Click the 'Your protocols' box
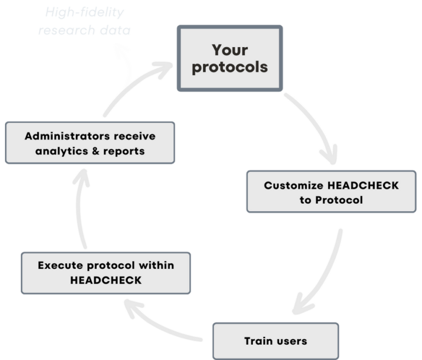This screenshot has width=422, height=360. pyautogui.click(x=230, y=58)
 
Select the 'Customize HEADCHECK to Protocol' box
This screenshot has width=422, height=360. pyautogui.click(x=331, y=192)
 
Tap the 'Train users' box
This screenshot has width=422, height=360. pyautogui.click(x=275, y=341)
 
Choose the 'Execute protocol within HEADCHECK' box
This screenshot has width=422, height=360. pyautogui.click(x=106, y=273)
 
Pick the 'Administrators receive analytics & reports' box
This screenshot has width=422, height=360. pyautogui.click(x=90, y=143)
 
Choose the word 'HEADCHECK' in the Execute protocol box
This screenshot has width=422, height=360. pyautogui.click(x=106, y=280)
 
